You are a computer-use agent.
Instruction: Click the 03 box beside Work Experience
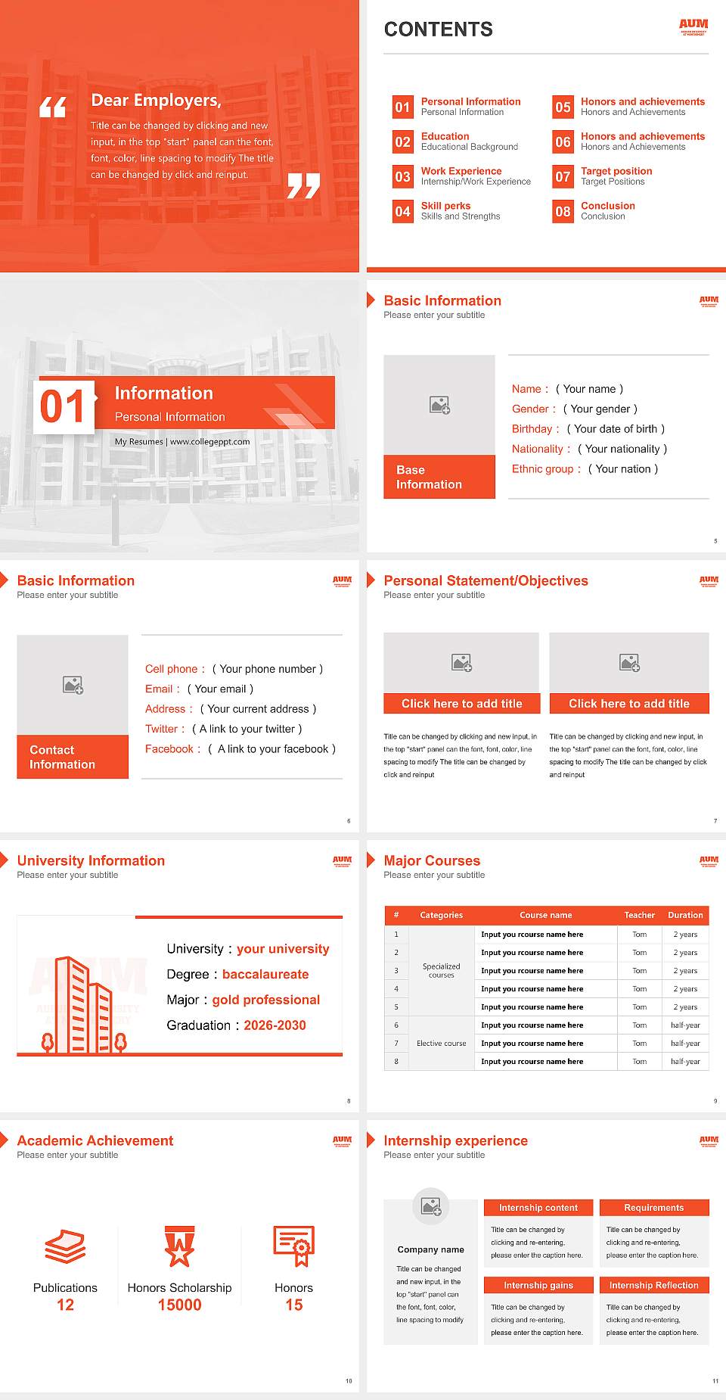point(402,176)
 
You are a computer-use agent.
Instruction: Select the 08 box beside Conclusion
point(563,211)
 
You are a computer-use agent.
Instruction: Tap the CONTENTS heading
point(438,30)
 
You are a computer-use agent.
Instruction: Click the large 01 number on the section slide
point(64,406)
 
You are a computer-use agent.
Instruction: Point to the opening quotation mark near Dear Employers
point(52,107)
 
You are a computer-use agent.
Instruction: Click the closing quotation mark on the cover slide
point(303,185)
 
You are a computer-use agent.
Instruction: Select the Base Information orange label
point(439,477)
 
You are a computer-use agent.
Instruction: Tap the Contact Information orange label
point(73,757)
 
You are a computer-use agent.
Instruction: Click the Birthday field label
point(532,429)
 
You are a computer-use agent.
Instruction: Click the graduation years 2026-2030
point(275,1025)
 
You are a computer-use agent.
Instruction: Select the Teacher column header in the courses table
point(639,915)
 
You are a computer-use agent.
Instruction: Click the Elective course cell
point(441,1044)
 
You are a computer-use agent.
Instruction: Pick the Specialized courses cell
point(441,970)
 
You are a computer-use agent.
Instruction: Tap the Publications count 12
point(65,1305)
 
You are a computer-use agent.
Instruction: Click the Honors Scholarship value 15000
point(179,1305)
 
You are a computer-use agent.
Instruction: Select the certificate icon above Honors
point(293,1246)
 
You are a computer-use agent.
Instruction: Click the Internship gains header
point(538,1285)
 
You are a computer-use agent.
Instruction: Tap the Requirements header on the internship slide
point(653,1208)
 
